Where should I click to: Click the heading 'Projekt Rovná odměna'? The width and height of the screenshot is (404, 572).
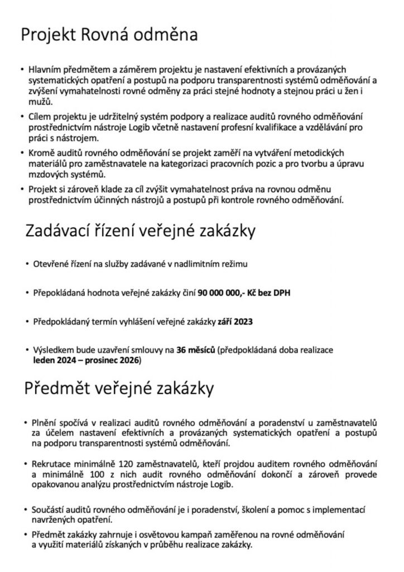pos(109,36)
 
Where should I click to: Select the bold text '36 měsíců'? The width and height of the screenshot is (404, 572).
pos(195,351)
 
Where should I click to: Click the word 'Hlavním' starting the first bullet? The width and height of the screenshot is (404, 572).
pos(47,71)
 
